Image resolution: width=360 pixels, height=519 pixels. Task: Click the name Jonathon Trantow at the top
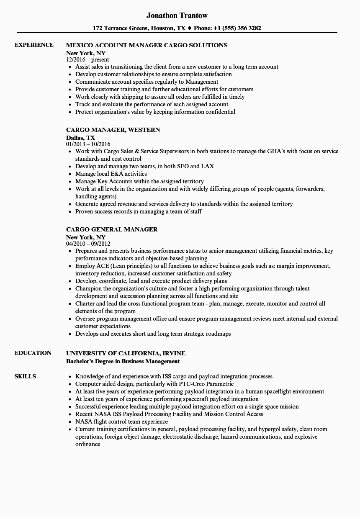click(177, 15)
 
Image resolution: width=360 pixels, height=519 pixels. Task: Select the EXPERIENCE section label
click(34, 45)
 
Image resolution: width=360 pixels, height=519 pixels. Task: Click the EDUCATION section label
click(33, 353)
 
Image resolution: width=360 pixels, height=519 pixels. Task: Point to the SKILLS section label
click(25, 376)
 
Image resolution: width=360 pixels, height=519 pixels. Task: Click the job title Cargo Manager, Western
click(113, 130)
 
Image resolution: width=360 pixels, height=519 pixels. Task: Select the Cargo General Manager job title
click(112, 229)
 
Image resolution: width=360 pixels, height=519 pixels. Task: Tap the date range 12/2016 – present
click(88, 59)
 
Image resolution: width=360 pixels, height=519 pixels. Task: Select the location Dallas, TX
click(80, 137)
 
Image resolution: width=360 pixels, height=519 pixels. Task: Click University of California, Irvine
click(126, 353)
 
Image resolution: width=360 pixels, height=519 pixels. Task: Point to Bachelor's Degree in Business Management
click(123, 361)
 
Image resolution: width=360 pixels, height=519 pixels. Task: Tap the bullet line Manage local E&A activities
click(111, 174)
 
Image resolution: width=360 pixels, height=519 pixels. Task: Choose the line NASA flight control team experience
click(121, 421)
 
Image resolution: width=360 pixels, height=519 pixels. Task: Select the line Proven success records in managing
click(138, 211)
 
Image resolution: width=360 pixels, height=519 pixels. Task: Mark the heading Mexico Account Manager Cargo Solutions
click(147, 45)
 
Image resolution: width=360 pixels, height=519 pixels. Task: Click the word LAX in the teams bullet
click(207, 166)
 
